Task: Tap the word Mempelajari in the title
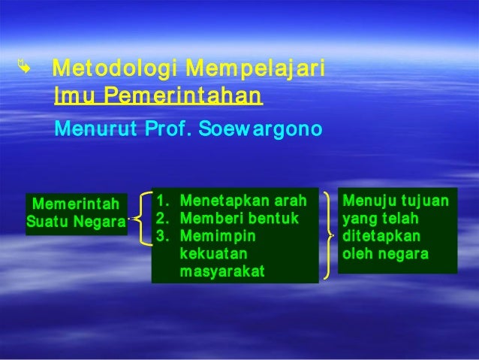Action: click(x=255, y=71)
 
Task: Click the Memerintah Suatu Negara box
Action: click(x=76, y=213)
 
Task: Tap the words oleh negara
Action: click(x=384, y=254)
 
